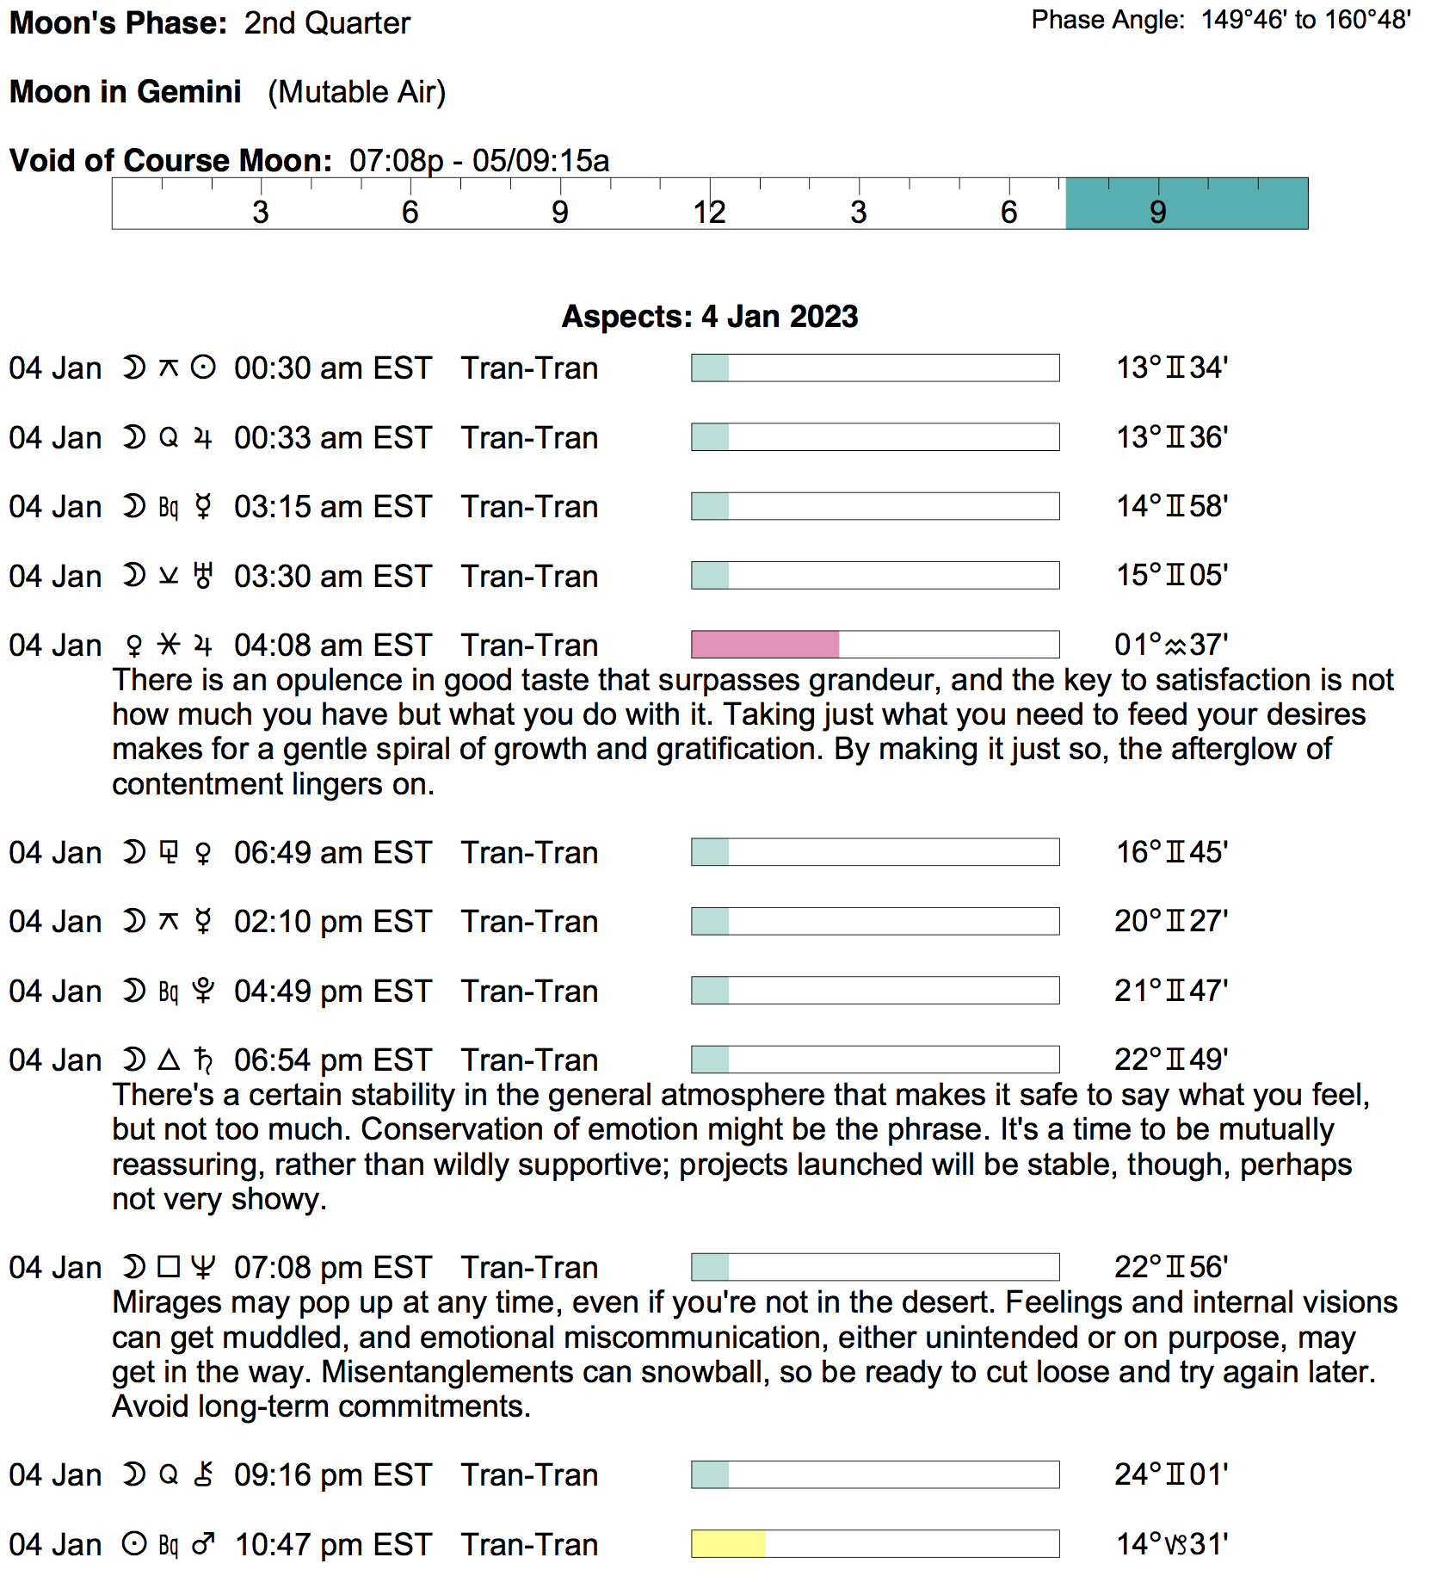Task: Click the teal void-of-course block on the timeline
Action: [x=1186, y=204]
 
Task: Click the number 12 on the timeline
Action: [x=709, y=213]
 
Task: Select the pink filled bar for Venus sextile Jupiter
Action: [x=765, y=645]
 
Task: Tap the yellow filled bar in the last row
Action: [x=728, y=1544]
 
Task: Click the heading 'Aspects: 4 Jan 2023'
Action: [x=710, y=317]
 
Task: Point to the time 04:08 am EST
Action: [x=332, y=646]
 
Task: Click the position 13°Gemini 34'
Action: [x=1171, y=368]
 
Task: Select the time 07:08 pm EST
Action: [x=332, y=1268]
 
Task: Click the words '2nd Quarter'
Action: [x=327, y=23]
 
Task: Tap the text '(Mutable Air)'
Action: [x=356, y=92]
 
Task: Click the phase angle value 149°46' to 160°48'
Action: [x=1305, y=20]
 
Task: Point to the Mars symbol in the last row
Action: [x=203, y=1545]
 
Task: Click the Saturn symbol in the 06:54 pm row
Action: [x=203, y=1060]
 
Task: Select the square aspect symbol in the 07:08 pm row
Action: [x=169, y=1267]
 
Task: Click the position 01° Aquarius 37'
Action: [x=1171, y=645]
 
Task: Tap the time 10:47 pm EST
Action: [x=332, y=1545]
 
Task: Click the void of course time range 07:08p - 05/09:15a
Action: [x=479, y=161]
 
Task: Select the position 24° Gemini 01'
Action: [x=1171, y=1475]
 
